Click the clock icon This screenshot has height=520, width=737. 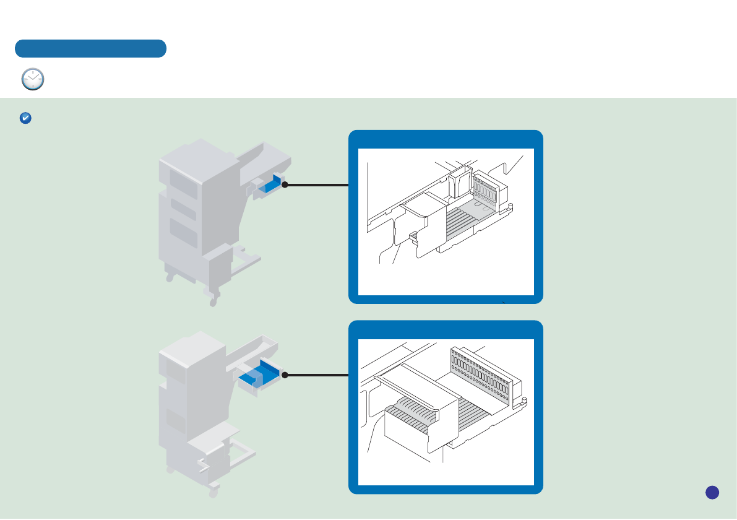tap(33, 80)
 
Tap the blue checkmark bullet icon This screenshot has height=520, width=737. tap(25, 118)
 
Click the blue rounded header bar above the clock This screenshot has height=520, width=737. tap(90, 48)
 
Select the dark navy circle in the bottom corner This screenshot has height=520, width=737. tap(712, 492)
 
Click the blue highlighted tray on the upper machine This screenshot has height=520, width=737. tap(270, 186)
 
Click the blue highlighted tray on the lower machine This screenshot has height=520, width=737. tap(259, 375)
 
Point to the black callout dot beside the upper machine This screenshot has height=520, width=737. tap(285, 184)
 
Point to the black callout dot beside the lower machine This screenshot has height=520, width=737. tap(285, 375)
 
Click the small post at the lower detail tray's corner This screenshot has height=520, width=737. tap(525, 402)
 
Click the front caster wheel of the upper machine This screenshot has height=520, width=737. tap(214, 301)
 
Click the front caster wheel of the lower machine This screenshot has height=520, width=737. tap(214, 492)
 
